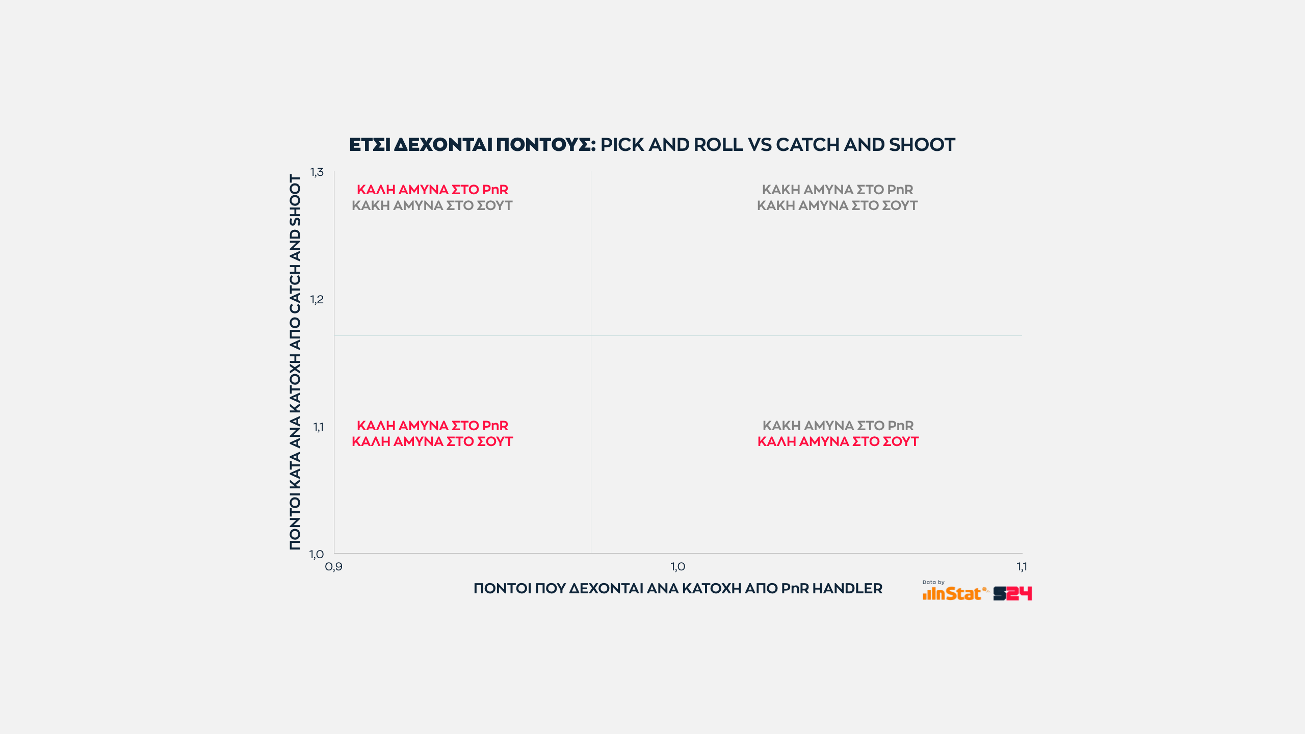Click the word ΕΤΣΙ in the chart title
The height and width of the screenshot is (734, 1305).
tap(370, 145)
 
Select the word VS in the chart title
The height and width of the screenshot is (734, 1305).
tap(760, 145)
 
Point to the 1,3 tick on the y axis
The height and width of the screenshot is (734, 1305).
tap(317, 172)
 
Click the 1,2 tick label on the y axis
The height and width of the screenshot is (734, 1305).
tap(317, 300)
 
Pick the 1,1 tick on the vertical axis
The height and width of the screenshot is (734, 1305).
tap(318, 427)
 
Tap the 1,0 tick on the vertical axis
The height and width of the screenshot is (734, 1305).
tap(317, 555)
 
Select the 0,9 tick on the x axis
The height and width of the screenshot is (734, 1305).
tap(333, 567)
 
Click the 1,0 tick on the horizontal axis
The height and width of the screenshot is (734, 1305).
tap(678, 567)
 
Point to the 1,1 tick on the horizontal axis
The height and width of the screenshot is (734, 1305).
tap(1022, 567)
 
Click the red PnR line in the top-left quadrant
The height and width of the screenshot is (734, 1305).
tap(432, 190)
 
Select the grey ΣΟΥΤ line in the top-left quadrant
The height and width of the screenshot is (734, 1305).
tap(432, 205)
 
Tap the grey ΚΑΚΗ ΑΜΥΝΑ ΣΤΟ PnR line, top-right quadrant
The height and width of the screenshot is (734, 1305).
tap(838, 190)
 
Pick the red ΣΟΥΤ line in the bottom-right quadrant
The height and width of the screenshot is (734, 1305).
tap(838, 441)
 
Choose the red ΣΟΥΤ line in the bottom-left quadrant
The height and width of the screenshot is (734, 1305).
tap(432, 441)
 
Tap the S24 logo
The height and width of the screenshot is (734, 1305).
tap(1012, 593)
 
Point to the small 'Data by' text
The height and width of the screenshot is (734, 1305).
tap(933, 582)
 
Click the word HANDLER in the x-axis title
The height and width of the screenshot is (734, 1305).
tap(847, 589)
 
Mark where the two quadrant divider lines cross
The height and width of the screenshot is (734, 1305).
tap(591, 335)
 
